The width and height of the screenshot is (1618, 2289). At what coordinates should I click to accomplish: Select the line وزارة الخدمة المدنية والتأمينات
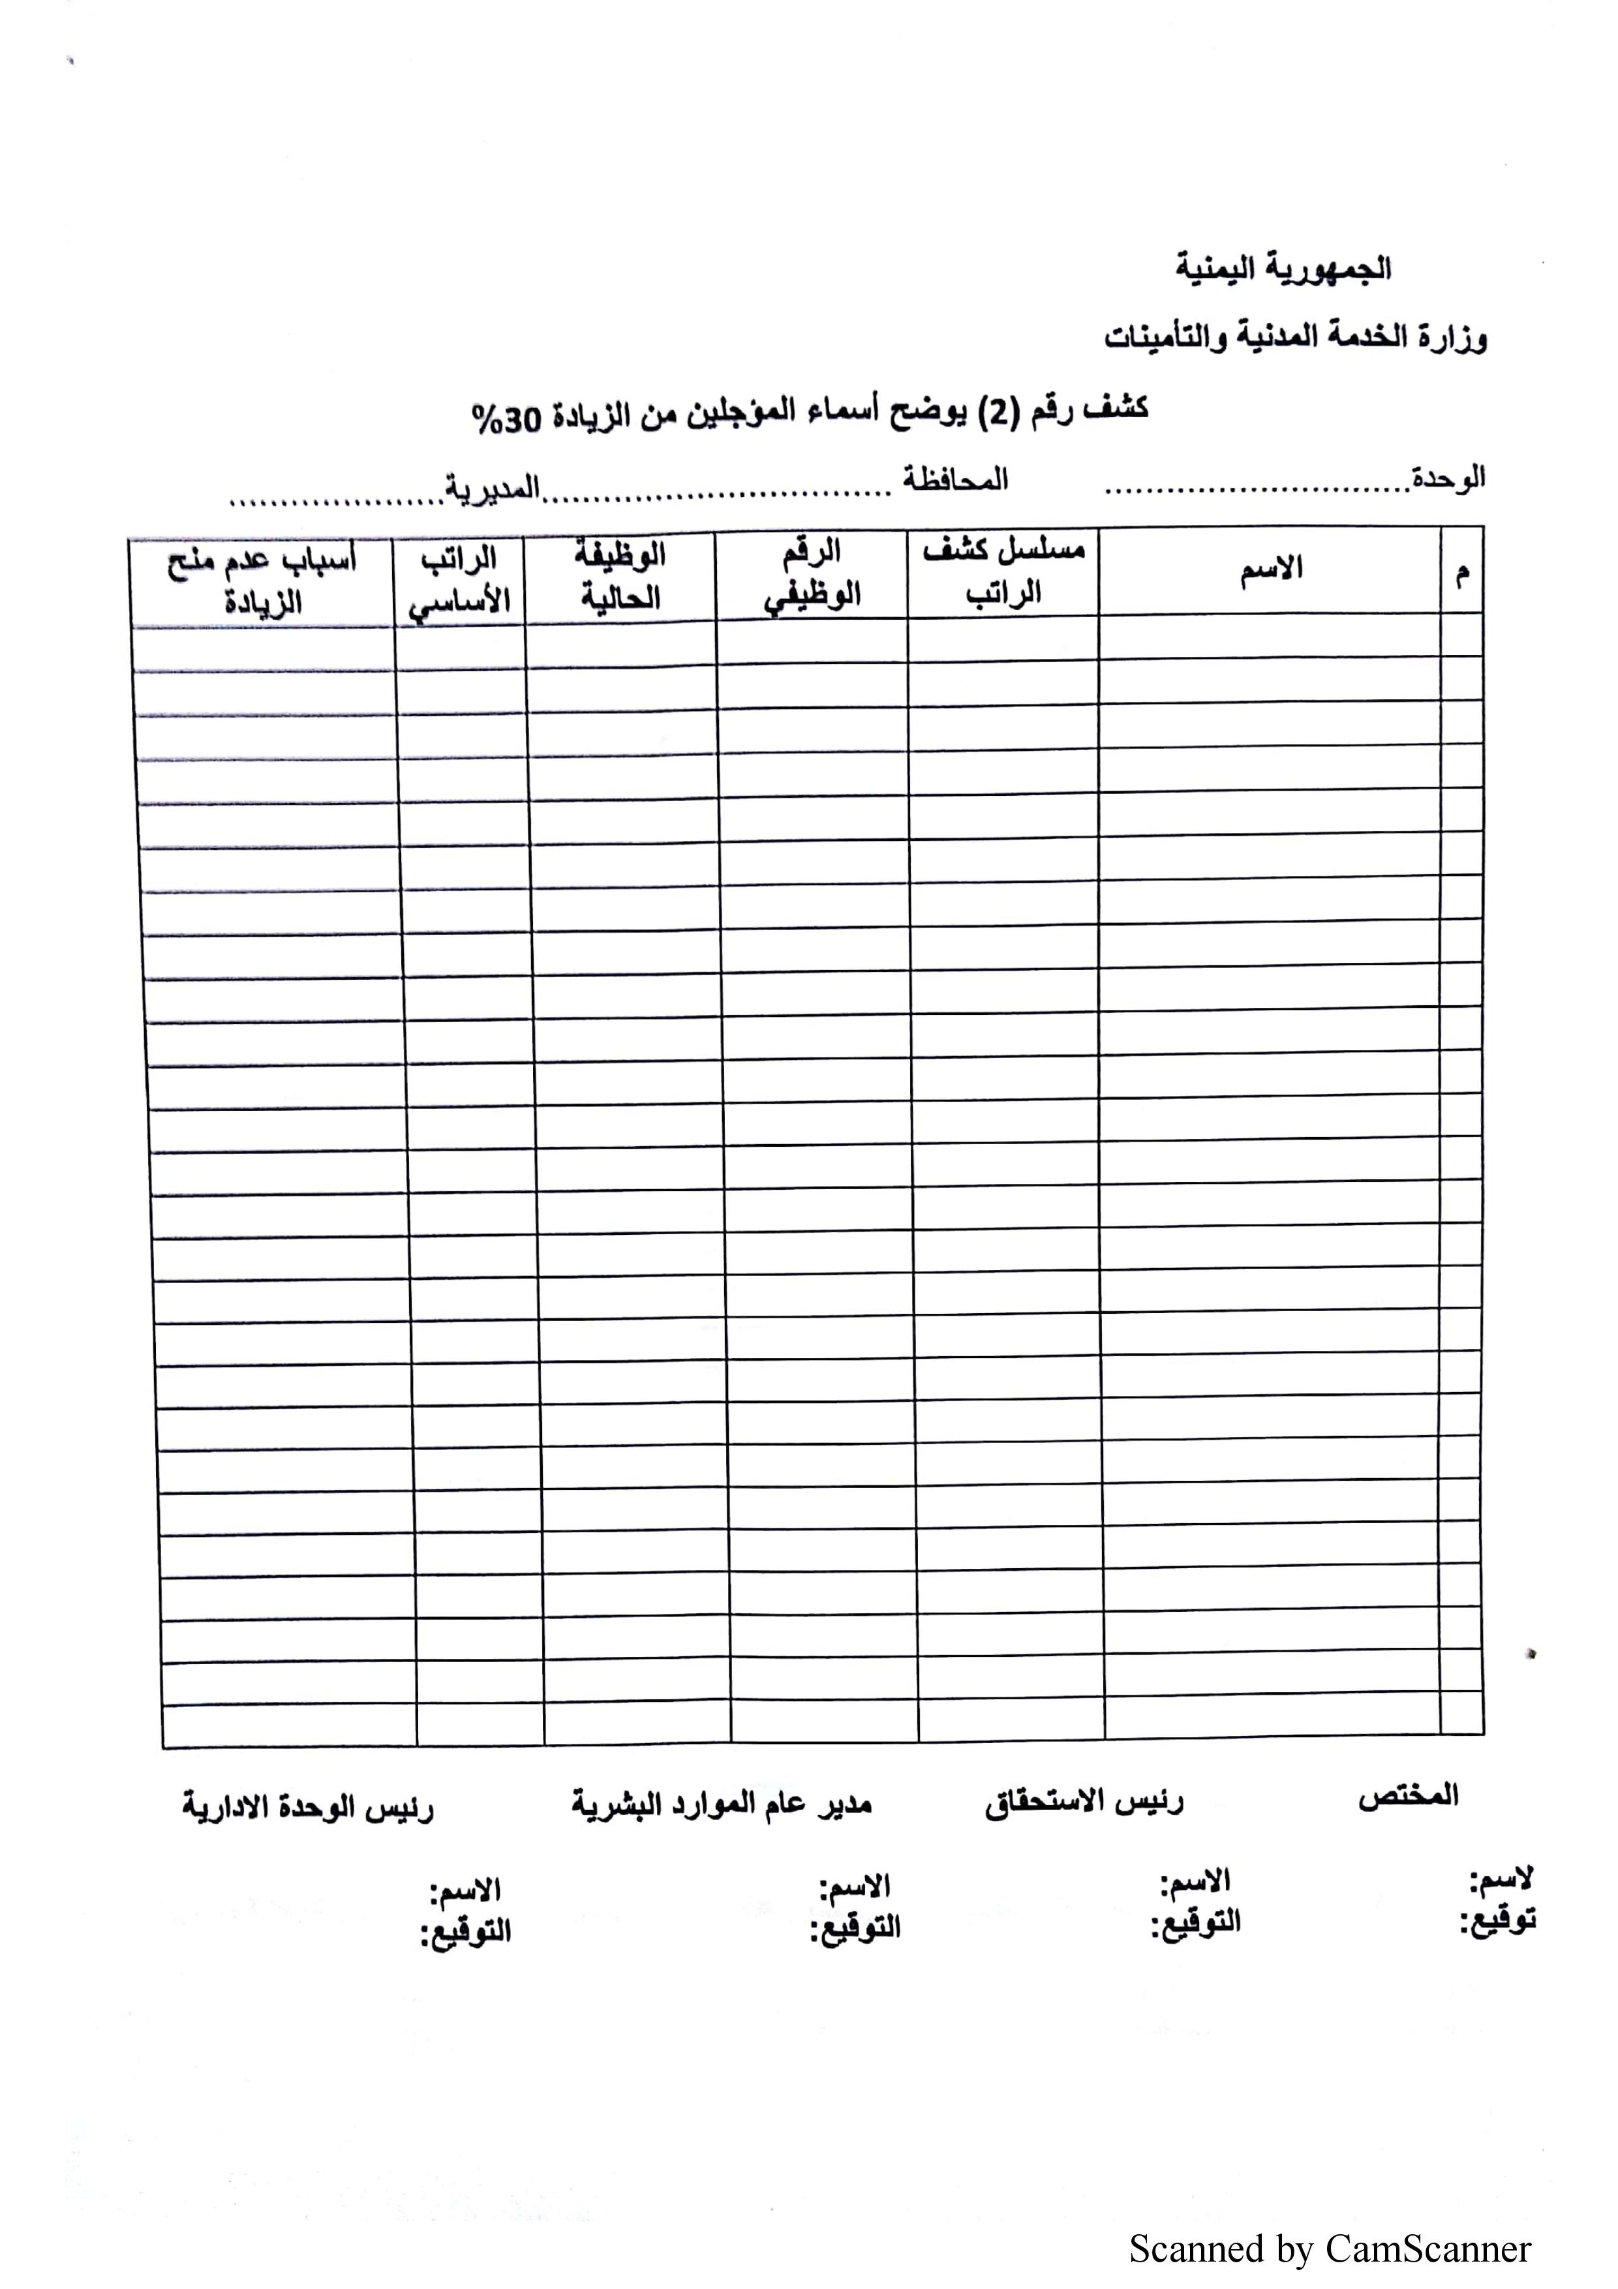click(x=1295, y=337)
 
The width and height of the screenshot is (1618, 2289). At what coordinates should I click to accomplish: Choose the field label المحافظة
click(x=955, y=481)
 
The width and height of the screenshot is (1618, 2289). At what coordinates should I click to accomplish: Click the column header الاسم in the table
click(x=1271, y=569)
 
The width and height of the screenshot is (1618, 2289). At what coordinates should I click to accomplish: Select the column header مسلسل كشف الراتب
click(x=1003, y=571)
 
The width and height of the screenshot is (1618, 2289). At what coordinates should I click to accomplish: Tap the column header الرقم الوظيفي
click(x=812, y=574)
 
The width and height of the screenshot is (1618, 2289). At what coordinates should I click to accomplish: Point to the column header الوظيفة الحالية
click(x=620, y=576)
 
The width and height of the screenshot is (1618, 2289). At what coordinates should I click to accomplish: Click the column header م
click(x=1461, y=574)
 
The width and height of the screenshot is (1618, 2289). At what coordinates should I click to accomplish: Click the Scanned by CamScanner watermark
click(x=1329, y=2249)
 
